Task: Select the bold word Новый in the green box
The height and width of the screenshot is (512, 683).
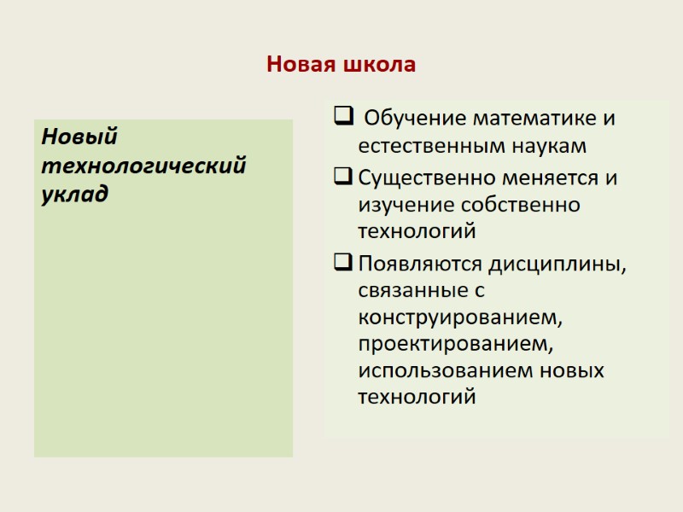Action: (x=79, y=137)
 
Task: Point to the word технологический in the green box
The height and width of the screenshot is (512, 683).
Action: (x=143, y=165)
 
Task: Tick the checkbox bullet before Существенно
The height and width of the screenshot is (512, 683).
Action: (x=341, y=178)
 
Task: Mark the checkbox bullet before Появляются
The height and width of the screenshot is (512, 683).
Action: (x=341, y=262)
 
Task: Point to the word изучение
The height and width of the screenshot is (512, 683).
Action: (x=406, y=206)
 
